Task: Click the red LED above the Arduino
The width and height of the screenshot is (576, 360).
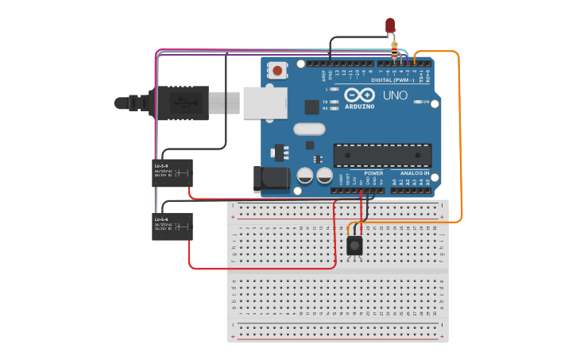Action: pos(390,25)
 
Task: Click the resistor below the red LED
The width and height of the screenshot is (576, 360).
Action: pos(395,51)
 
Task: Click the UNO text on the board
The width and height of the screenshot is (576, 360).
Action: pos(395,95)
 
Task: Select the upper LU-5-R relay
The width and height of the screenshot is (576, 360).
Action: pos(173,173)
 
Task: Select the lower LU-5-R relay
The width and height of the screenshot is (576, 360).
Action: pos(173,226)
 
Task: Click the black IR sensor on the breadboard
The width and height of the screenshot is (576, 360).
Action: pos(355,246)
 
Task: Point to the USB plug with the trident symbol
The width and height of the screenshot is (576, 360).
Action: pos(183,103)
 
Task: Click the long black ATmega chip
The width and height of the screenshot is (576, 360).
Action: pos(382,156)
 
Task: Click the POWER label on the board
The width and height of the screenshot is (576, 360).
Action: pos(373,172)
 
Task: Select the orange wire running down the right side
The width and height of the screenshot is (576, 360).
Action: pos(460,135)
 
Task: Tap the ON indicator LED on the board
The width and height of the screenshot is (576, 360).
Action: pos(416,102)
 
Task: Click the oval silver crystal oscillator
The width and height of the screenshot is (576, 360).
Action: pos(309,129)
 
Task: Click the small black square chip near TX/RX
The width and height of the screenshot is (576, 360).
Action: pos(312,107)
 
